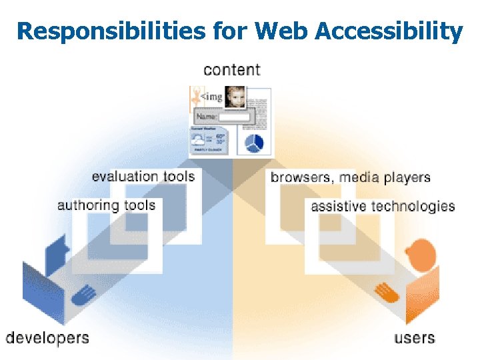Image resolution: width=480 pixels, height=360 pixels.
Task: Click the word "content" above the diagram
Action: tap(232, 69)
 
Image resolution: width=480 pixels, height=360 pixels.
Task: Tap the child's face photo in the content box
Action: tap(235, 97)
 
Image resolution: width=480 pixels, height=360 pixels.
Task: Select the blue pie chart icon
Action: tap(254, 143)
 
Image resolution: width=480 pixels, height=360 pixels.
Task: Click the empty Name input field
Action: tap(234, 117)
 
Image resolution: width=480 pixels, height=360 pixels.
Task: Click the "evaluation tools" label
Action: tap(143, 177)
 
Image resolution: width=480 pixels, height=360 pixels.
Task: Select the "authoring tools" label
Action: tap(107, 205)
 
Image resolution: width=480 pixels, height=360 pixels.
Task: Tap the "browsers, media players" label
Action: tap(351, 177)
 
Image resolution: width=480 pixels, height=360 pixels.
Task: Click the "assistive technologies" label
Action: tap(383, 206)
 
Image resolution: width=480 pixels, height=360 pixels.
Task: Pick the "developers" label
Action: tap(47, 337)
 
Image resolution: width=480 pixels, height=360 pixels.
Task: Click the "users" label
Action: tap(415, 337)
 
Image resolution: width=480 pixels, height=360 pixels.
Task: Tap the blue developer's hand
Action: tap(83, 294)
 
